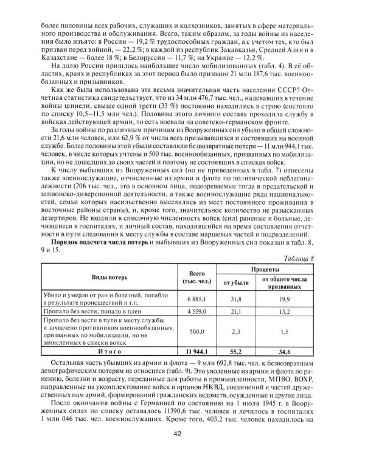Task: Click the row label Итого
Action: (x=108, y=352)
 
